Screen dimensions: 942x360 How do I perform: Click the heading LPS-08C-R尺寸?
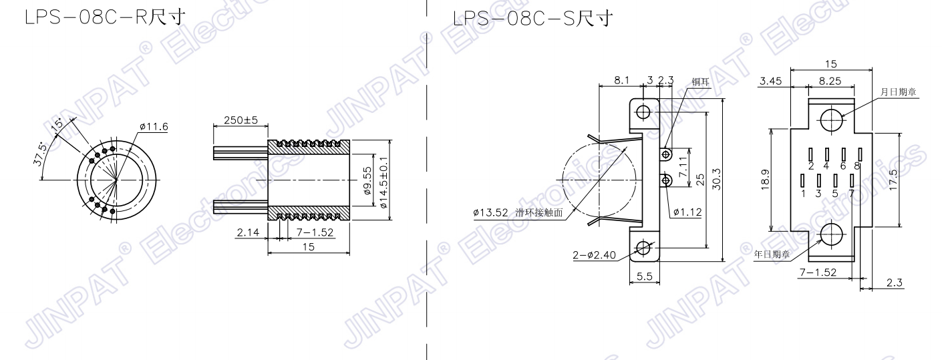pyautogui.click(x=105, y=17)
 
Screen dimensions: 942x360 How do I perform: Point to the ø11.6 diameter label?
pyautogui.click(x=154, y=127)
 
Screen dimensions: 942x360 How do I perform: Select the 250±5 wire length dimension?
pyautogui.click(x=241, y=120)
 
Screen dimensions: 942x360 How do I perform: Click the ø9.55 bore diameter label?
pyautogui.click(x=367, y=181)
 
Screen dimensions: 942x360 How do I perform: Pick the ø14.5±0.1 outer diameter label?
pyautogui.click(x=383, y=183)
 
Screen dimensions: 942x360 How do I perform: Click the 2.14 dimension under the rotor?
pyautogui.click(x=248, y=232)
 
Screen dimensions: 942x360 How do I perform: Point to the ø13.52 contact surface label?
pyautogui.click(x=490, y=213)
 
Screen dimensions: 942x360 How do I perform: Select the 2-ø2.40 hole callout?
pyautogui.click(x=594, y=255)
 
